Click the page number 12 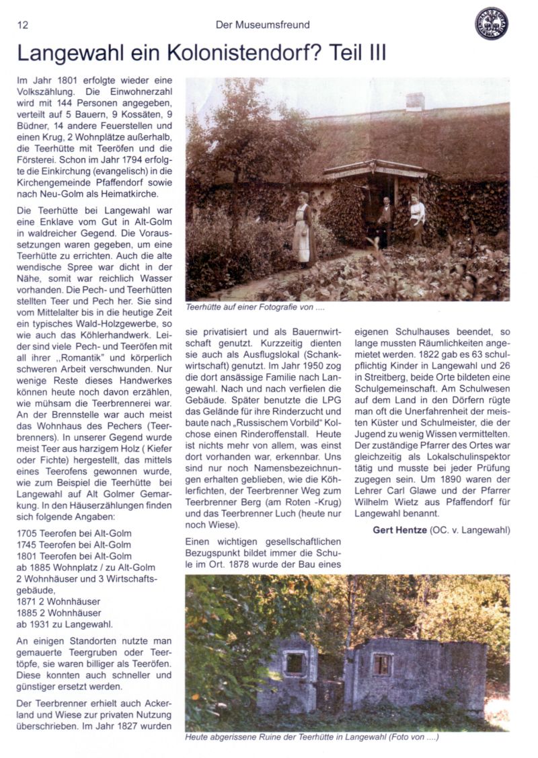point(22,25)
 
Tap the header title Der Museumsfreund point(262,25)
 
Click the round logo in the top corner point(491,24)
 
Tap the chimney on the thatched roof point(415,102)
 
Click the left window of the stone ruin point(294,663)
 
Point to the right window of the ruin point(381,665)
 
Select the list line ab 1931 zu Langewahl point(64,624)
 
